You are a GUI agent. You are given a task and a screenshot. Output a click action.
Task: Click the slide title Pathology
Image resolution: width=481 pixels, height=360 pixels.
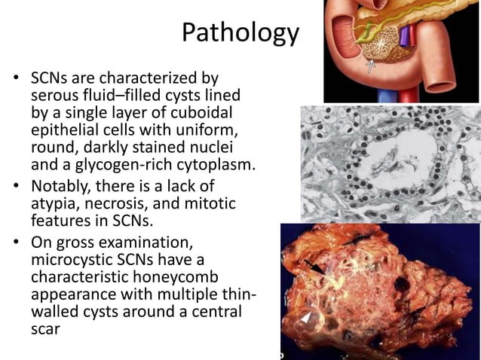click(240, 34)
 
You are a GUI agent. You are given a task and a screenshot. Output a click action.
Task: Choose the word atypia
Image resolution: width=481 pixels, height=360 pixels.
click(51, 206)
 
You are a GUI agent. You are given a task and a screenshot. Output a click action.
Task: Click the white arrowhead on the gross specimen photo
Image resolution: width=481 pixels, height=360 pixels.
click(305, 319)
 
